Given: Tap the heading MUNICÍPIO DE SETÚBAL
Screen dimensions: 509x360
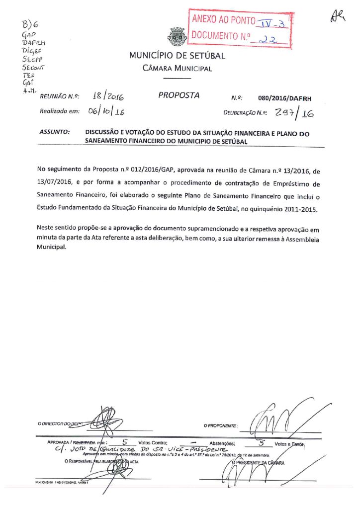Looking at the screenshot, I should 177,56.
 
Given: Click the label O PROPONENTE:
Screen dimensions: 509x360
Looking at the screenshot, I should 221,426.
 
